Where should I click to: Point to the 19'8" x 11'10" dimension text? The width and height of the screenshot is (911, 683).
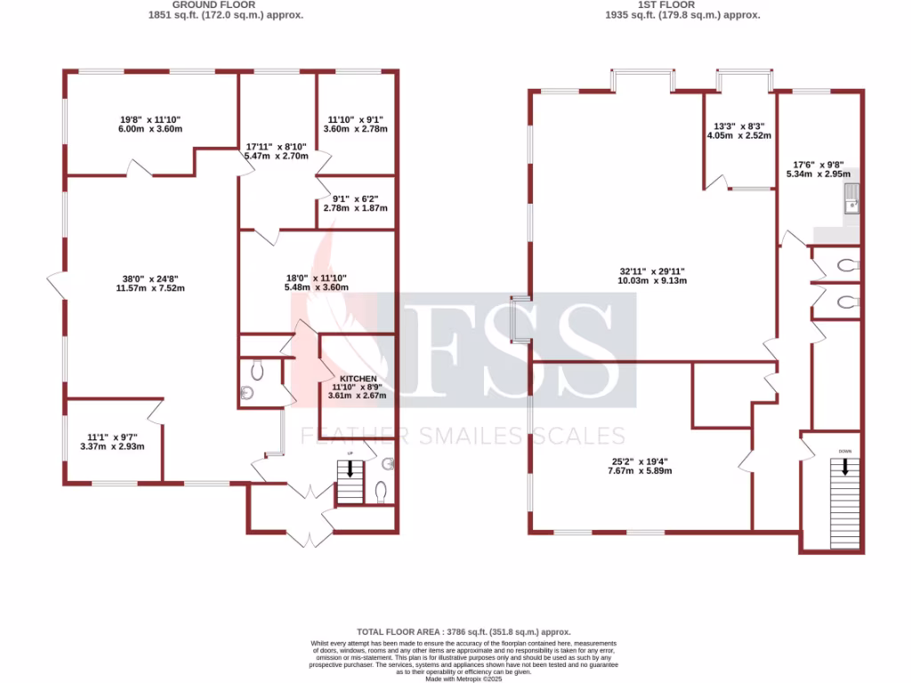pyautogui.click(x=151, y=124)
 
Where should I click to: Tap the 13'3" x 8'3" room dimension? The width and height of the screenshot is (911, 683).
pyautogui.click(x=738, y=131)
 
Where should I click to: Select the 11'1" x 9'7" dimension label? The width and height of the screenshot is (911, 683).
pyautogui.click(x=112, y=441)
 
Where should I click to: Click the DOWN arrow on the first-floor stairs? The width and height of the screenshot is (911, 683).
pyautogui.click(x=844, y=467)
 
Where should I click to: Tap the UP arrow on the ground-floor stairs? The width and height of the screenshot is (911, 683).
pyautogui.click(x=351, y=468)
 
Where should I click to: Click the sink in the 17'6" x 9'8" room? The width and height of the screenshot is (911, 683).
pyautogui.click(x=852, y=200)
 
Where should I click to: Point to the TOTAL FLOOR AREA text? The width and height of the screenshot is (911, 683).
pyautogui.click(x=455, y=631)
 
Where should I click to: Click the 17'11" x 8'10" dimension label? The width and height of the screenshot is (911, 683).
pyautogui.click(x=276, y=151)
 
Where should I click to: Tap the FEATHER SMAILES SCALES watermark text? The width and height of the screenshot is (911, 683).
pyautogui.click(x=463, y=436)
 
